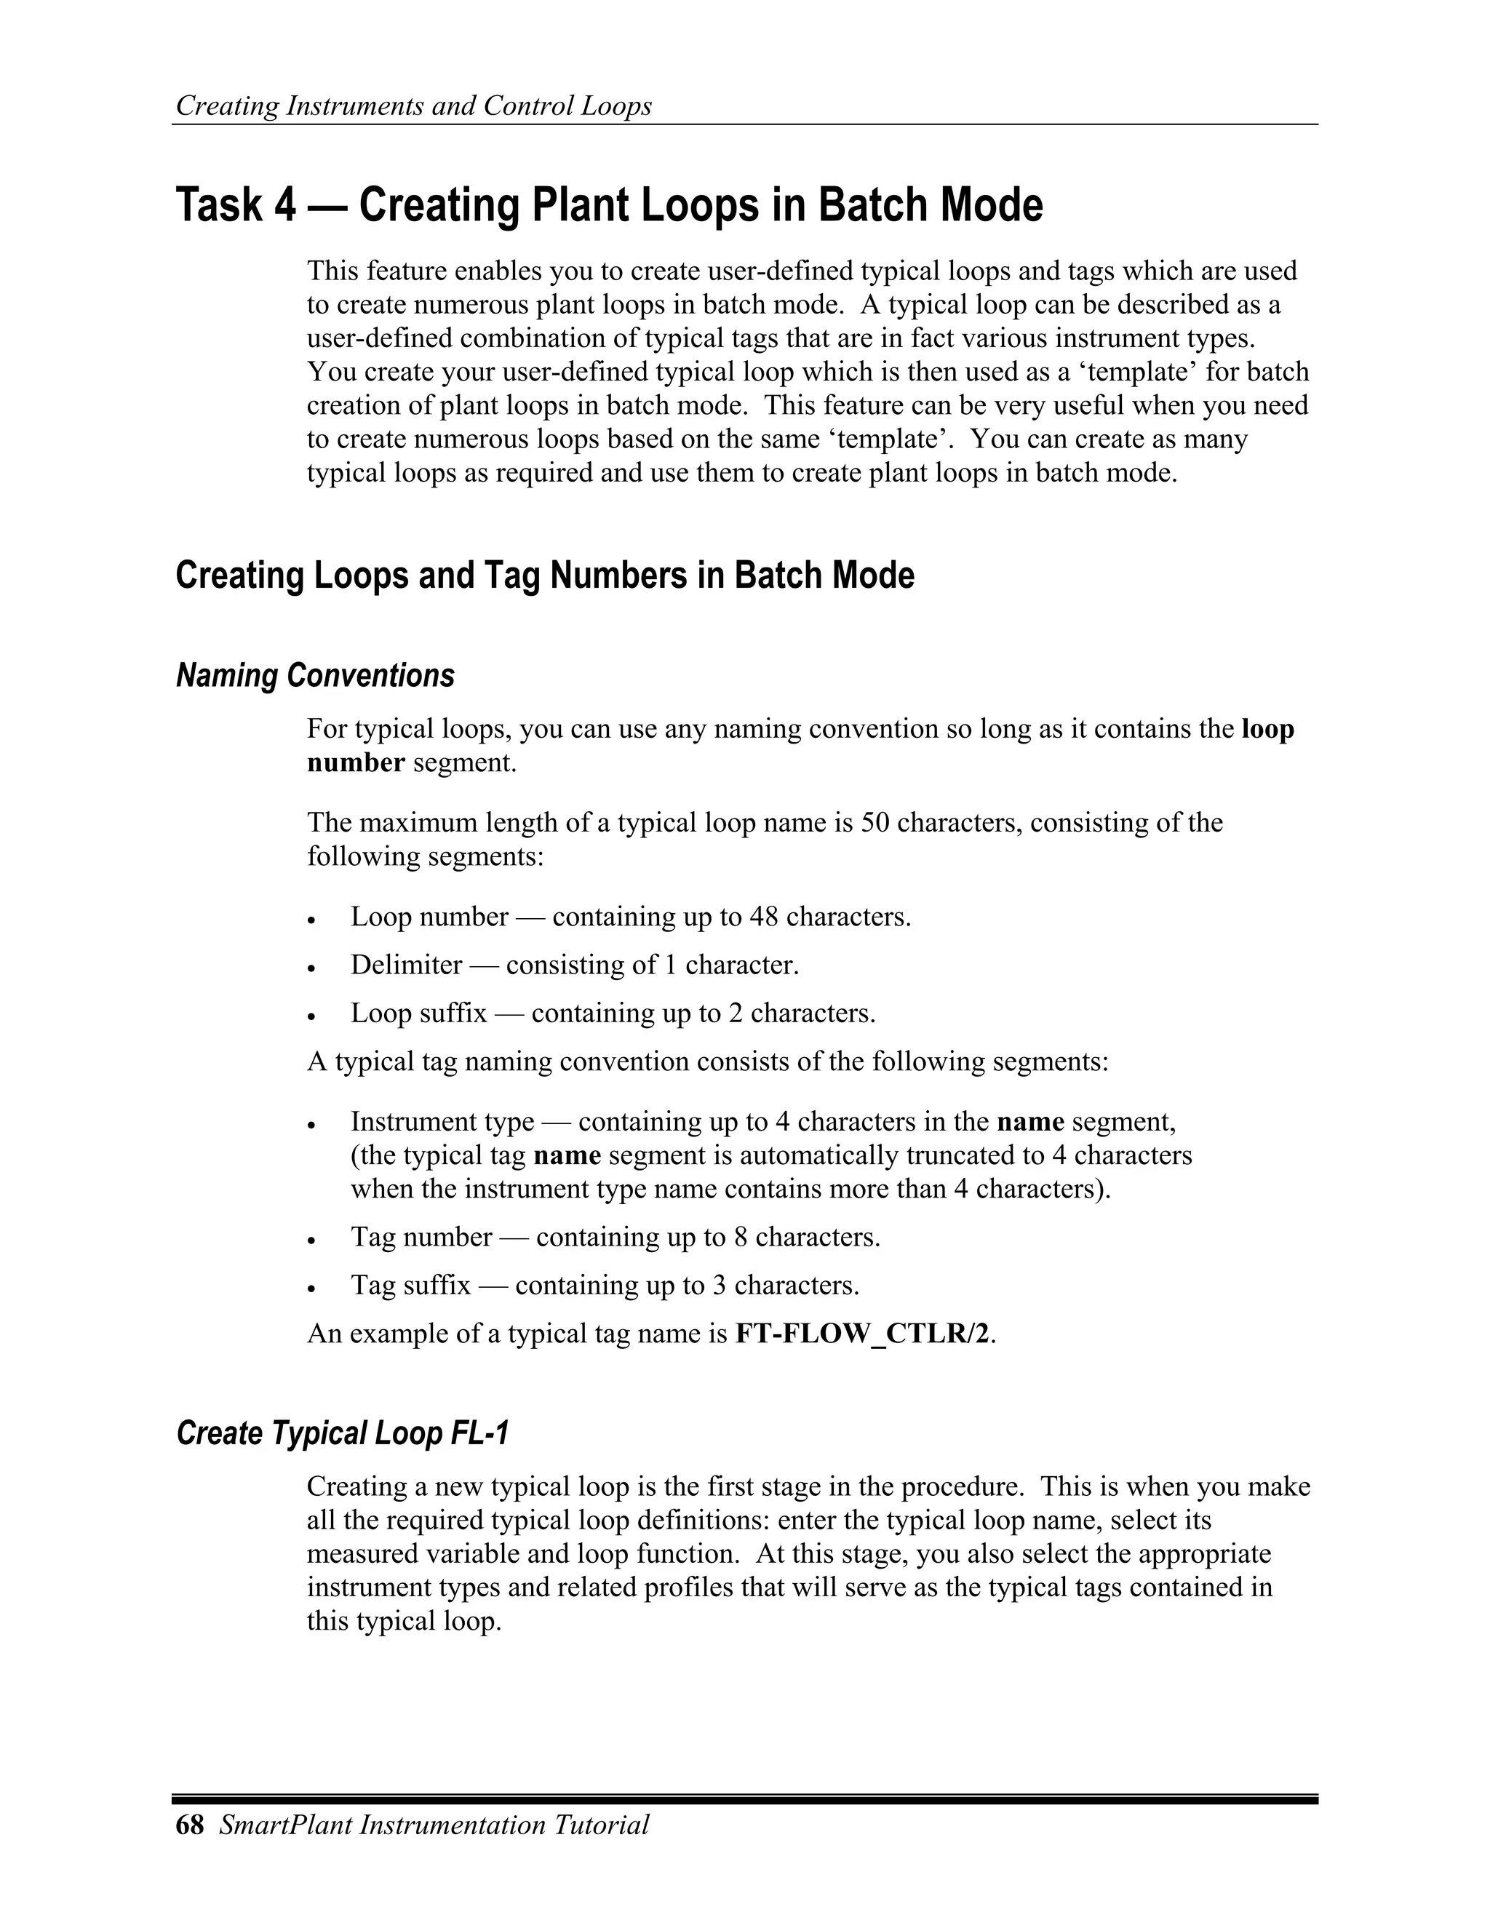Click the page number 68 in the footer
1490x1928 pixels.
tap(190, 1825)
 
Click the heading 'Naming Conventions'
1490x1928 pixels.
tap(315, 675)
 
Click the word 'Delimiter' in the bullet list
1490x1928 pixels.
tap(406, 965)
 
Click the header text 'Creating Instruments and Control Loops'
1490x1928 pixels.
tap(413, 106)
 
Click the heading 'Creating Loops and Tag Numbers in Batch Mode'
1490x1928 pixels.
tap(545, 575)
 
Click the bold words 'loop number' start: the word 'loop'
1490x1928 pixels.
tap(1267, 729)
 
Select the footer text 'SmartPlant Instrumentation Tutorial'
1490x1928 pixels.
tap(434, 1825)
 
